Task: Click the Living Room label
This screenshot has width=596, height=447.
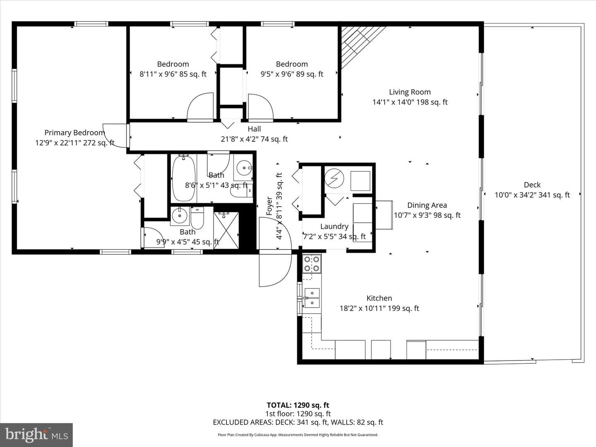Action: pyautogui.click(x=410, y=92)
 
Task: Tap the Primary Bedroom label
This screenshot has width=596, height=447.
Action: pyautogui.click(x=74, y=133)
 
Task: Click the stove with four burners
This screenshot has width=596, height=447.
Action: pyautogui.click(x=312, y=264)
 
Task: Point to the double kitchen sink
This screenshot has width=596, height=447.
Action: pyautogui.click(x=312, y=298)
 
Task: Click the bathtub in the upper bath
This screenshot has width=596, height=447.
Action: pyautogui.click(x=183, y=178)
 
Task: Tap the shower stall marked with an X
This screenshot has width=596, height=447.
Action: pyautogui.click(x=226, y=231)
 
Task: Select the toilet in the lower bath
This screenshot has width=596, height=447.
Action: pyautogui.click(x=197, y=218)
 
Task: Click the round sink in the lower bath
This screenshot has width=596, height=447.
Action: pyautogui.click(x=180, y=216)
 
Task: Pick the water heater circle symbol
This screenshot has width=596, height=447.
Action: pyautogui.click(x=334, y=178)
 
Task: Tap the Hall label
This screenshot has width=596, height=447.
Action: pyautogui.click(x=254, y=129)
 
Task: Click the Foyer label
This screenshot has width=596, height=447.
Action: pyautogui.click(x=269, y=206)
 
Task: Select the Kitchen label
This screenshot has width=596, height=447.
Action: pyautogui.click(x=379, y=298)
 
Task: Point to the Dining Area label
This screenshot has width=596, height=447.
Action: pyautogui.click(x=427, y=205)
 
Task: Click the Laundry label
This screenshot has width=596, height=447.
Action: pyautogui.click(x=334, y=226)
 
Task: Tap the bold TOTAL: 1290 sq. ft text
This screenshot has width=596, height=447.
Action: pyautogui.click(x=298, y=405)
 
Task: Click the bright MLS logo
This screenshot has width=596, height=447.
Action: pyautogui.click(x=36, y=435)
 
